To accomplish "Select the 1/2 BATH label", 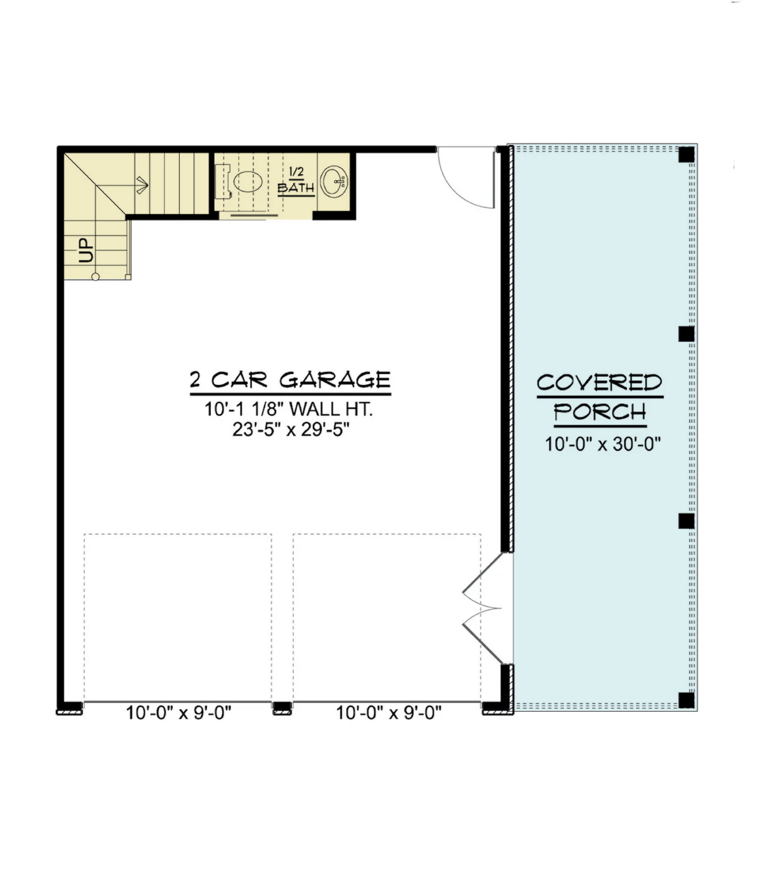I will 296,181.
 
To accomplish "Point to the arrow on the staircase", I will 142,185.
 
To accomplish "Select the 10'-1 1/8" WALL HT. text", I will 288,409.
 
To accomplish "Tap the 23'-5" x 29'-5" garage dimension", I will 291,430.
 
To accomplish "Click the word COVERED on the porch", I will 599,383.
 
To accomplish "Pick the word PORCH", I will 600,412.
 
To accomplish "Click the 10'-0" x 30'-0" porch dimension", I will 603,444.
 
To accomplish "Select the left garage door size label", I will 179,713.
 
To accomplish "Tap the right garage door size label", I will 388,713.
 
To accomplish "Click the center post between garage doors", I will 282,708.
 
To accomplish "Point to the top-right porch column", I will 686,155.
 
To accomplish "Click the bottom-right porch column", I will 686,700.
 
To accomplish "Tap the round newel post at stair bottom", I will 95,277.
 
